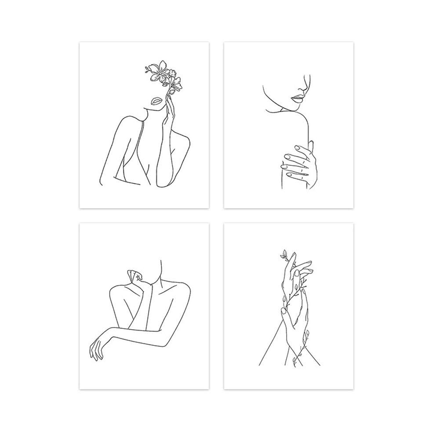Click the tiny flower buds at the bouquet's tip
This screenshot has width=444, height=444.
[148, 68]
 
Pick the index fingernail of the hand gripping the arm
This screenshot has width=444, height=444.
[297, 148]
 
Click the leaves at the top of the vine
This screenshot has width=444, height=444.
[284, 254]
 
